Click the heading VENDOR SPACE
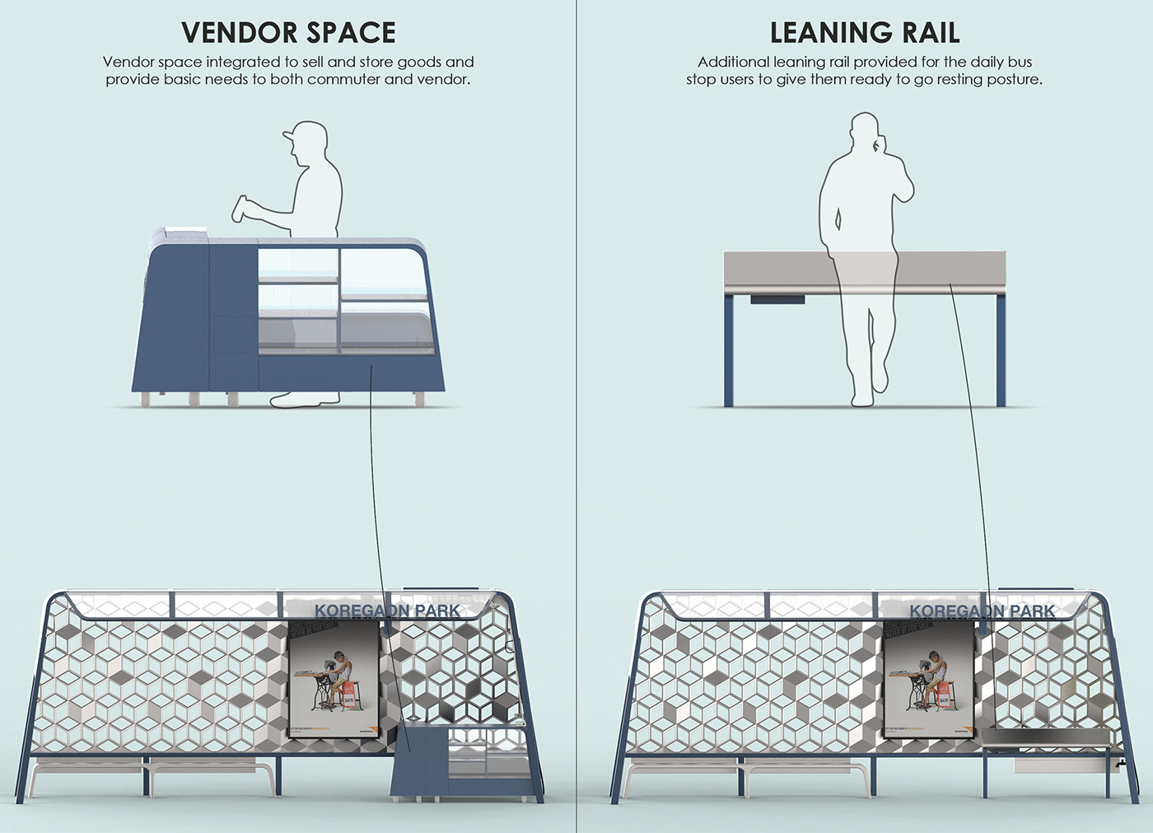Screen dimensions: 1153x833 tap(288, 33)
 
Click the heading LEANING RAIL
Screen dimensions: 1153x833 tap(865, 33)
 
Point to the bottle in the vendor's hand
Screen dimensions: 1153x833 tap(242, 208)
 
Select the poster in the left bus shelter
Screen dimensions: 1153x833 tap(334, 679)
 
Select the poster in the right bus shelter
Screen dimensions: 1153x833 tap(929, 679)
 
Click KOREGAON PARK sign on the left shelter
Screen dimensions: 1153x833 tap(387, 611)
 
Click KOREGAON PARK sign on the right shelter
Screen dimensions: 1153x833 tap(982, 611)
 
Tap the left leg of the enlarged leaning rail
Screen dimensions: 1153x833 tap(729, 350)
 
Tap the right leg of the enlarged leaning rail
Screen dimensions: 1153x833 tap(1001, 350)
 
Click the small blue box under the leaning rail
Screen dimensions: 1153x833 tap(777, 299)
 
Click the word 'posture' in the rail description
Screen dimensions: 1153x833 tap(1015, 80)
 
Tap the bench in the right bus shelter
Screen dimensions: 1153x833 tap(745, 770)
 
